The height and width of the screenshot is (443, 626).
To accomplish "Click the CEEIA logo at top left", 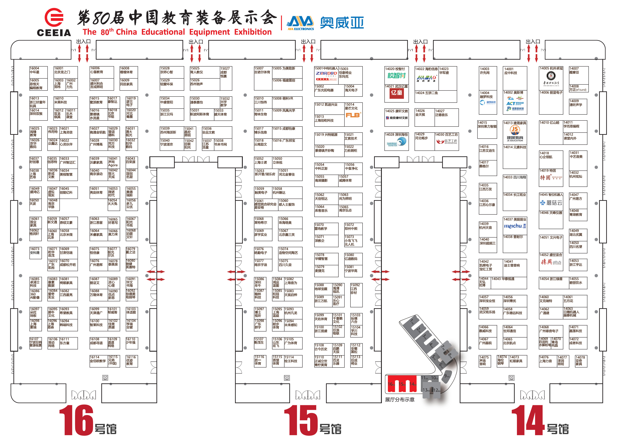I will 54,22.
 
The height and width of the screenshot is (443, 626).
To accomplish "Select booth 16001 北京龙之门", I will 65,72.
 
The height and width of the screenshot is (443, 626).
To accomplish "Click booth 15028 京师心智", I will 172,72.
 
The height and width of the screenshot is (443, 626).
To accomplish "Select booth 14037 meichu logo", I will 515,226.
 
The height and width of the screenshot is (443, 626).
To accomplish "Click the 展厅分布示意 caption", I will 400,400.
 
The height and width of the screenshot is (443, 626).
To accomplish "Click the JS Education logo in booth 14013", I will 515,134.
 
